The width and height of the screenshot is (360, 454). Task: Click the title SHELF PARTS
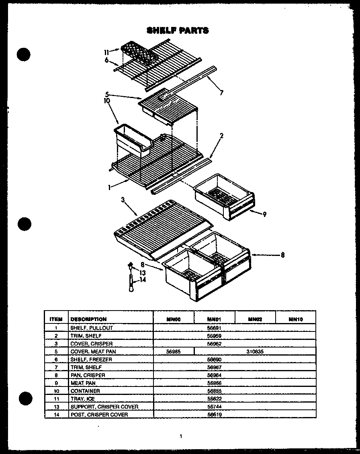tap(178, 31)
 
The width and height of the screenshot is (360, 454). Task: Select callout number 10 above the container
tap(106, 101)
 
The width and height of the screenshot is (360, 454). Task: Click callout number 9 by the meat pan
tap(265, 214)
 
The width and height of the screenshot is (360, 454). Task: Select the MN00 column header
tap(174, 319)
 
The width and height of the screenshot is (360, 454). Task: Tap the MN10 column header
tap(296, 319)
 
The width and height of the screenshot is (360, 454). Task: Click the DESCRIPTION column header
tap(88, 319)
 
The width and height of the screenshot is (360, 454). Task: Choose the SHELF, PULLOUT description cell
tap(92, 328)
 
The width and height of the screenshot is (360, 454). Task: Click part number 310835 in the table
tap(255, 352)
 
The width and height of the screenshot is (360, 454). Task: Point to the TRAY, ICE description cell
tap(83, 399)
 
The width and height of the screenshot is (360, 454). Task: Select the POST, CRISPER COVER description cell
tap(99, 415)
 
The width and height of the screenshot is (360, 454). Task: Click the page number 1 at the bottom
tap(181, 436)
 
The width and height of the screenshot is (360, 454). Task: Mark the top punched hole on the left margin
tap(24, 55)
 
